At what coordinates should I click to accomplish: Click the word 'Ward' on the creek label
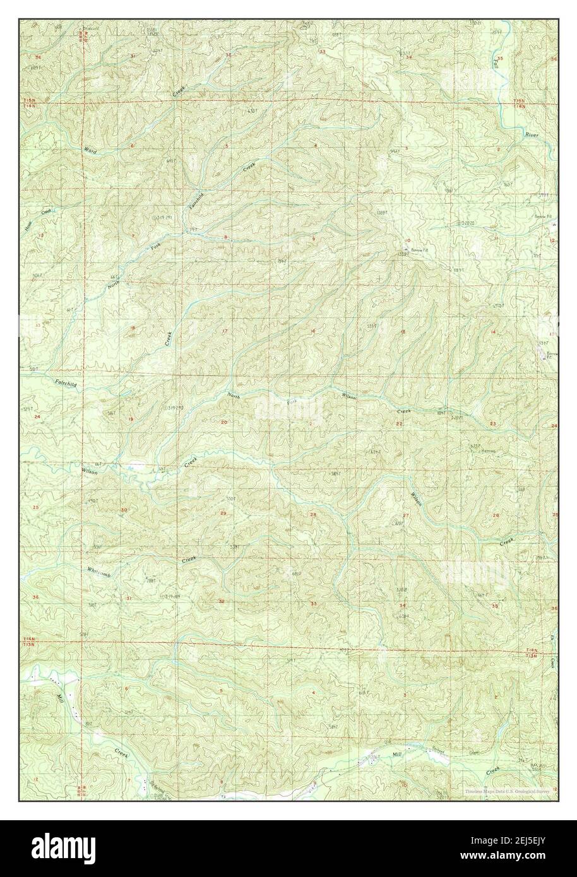point(91,150)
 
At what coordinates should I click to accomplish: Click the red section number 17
point(224,331)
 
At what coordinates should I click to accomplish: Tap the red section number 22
point(399,423)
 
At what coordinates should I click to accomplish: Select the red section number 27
point(406,516)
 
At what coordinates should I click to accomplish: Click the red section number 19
point(131,420)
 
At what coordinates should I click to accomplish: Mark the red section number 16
point(312,331)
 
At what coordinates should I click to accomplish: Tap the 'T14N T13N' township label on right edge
point(534,653)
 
